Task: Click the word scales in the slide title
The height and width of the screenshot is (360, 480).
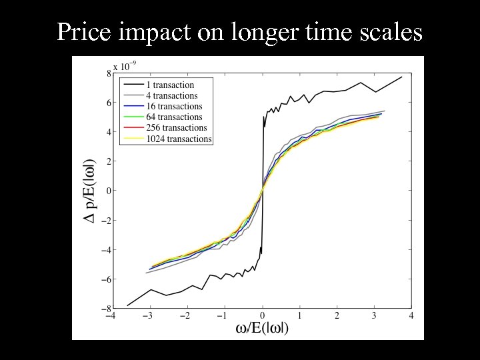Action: coord(389,32)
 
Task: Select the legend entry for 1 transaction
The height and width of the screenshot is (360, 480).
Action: coord(171,85)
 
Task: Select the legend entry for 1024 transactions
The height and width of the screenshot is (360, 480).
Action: coord(179,139)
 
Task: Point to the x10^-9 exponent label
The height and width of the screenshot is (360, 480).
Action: coord(125,66)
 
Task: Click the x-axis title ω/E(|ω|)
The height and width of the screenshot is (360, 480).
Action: coord(262,329)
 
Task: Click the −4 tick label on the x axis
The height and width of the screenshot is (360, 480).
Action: coord(111,316)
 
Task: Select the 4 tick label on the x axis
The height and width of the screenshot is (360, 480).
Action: coord(411,316)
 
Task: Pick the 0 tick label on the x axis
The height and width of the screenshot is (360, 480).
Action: coord(262,316)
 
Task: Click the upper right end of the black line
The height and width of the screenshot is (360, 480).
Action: coord(402,77)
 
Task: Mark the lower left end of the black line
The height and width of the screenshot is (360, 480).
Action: coord(127,305)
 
